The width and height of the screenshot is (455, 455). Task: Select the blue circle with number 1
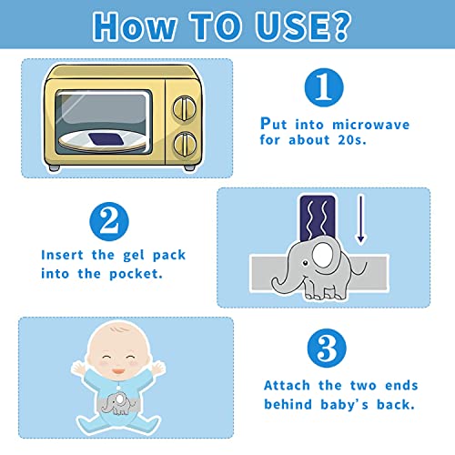coord(322,87)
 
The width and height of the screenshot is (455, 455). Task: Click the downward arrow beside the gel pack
coord(360,223)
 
